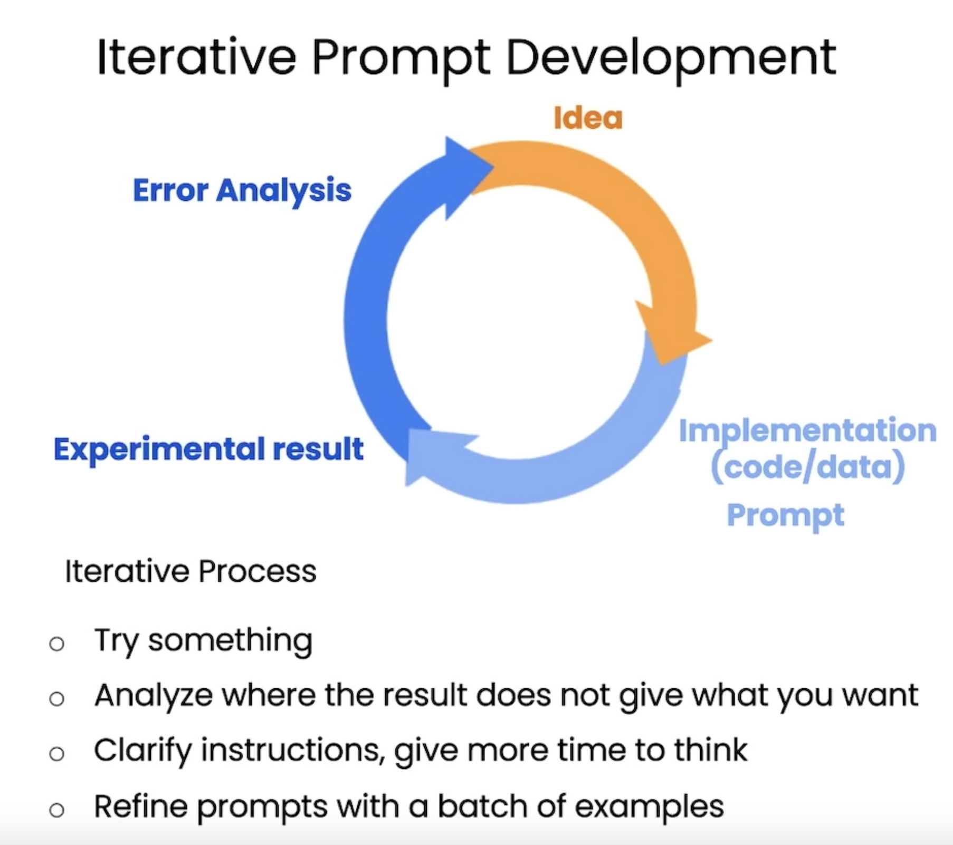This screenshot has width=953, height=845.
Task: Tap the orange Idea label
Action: tap(588, 118)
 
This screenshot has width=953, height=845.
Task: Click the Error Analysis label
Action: tap(242, 191)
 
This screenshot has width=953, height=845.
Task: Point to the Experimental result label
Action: tap(209, 449)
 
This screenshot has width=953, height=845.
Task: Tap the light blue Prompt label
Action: tap(785, 516)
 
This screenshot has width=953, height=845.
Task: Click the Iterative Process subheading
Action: tap(190, 571)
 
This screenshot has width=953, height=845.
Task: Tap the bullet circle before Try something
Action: tap(56, 644)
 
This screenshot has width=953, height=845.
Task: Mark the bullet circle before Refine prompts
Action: tap(56, 810)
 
